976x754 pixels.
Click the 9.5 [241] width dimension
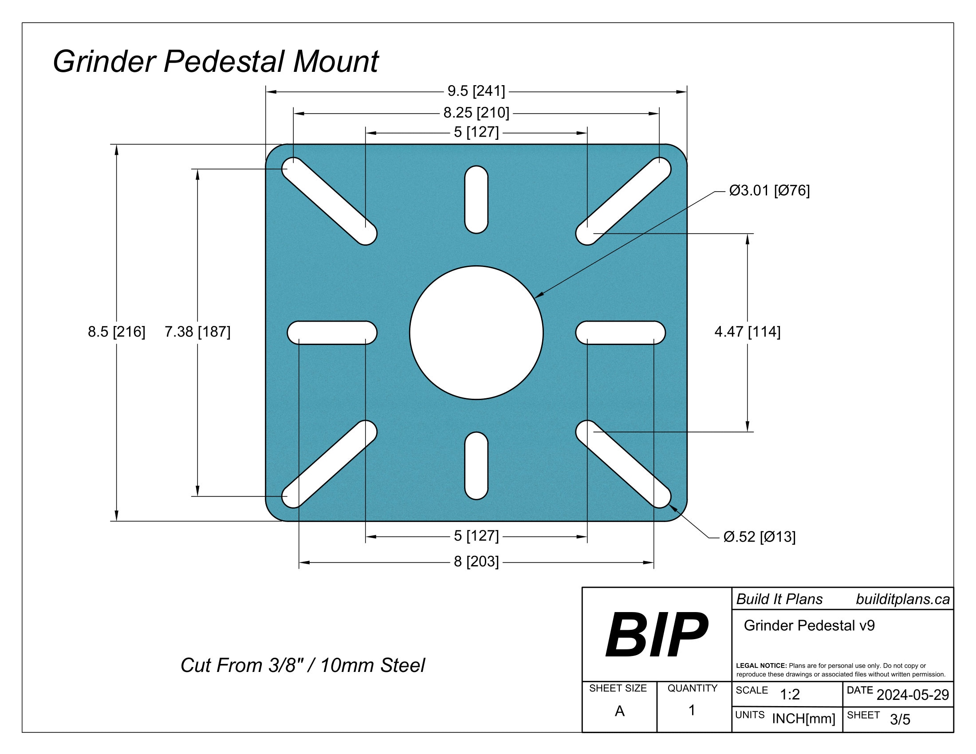tap(476, 91)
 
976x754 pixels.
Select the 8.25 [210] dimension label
tap(476, 113)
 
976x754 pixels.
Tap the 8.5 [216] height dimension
tap(116, 331)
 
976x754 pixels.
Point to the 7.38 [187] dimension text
tap(197, 331)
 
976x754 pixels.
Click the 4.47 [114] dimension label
tap(747, 331)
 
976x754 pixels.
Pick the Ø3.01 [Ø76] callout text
tap(769, 191)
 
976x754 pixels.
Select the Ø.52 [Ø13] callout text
tap(759, 537)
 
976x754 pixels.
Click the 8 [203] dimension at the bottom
tap(476, 562)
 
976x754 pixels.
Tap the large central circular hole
tap(476, 332)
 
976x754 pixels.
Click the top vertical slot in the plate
tap(476, 199)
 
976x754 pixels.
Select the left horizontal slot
tap(331, 332)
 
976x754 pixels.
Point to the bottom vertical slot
tap(476, 465)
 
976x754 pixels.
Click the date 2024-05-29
tap(913, 695)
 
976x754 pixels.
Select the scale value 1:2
tap(790, 694)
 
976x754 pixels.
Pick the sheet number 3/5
tap(900, 719)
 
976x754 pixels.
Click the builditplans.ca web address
tap(902, 599)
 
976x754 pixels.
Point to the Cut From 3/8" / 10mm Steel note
tap(303, 665)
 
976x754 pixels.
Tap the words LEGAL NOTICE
tap(761, 666)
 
